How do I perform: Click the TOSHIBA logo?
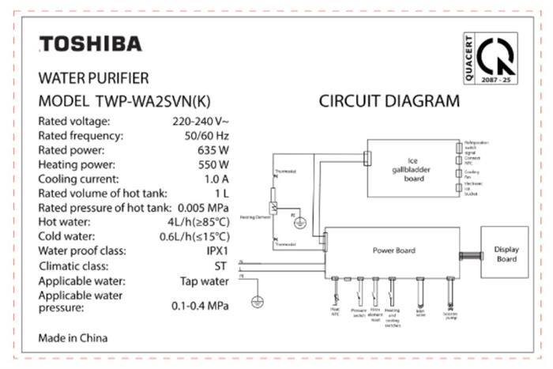click(x=91, y=43)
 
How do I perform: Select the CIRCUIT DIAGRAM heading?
click(x=389, y=101)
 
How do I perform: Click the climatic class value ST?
click(x=222, y=265)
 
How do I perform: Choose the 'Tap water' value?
click(x=205, y=281)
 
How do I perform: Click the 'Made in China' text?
click(x=73, y=337)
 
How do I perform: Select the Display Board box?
click(x=506, y=254)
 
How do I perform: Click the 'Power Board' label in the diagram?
click(x=394, y=250)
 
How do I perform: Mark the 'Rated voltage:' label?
click(x=74, y=122)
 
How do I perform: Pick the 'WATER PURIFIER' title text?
click(x=93, y=79)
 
